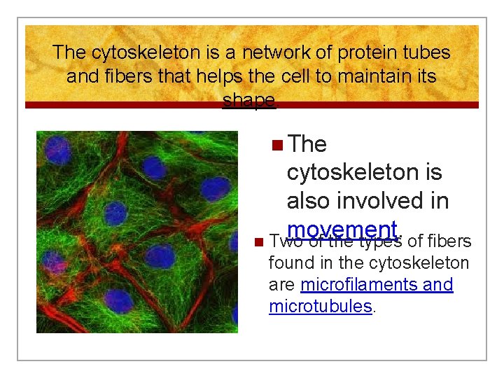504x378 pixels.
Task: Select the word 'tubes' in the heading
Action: click(x=425, y=52)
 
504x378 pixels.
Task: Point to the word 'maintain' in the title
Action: click(x=367, y=76)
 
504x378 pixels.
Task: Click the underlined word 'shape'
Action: click(x=248, y=100)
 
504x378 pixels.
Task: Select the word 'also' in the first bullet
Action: click(x=308, y=202)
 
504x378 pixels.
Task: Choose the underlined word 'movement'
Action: click(x=342, y=230)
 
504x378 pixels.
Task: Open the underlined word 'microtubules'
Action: click(x=320, y=306)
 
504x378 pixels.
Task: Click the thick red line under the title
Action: click(x=252, y=105)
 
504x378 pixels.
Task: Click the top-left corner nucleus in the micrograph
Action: click(x=57, y=150)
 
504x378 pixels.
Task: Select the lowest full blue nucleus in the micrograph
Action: click(x=120, y=301)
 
